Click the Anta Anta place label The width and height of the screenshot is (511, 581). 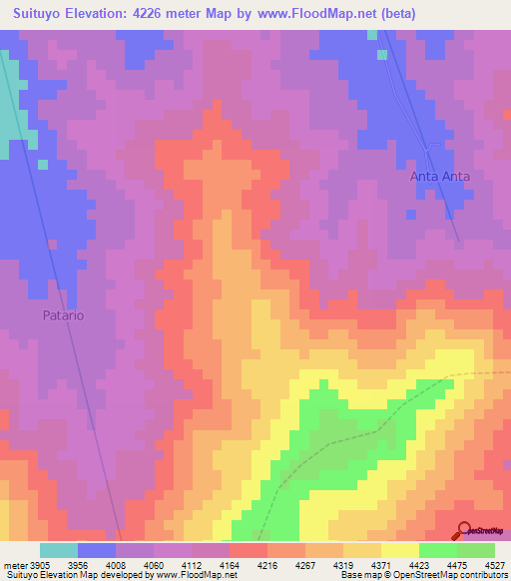(440, 176)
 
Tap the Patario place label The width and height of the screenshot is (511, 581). (62, 314)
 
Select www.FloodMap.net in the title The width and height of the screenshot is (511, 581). (313, 14)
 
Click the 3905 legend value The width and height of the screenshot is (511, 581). (40, 566)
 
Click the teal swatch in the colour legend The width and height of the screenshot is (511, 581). (59, 550)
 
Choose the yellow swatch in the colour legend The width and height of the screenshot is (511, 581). (400, 550)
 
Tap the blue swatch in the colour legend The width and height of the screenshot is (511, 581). (97, 550)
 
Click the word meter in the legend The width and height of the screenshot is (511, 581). (13, 566)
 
